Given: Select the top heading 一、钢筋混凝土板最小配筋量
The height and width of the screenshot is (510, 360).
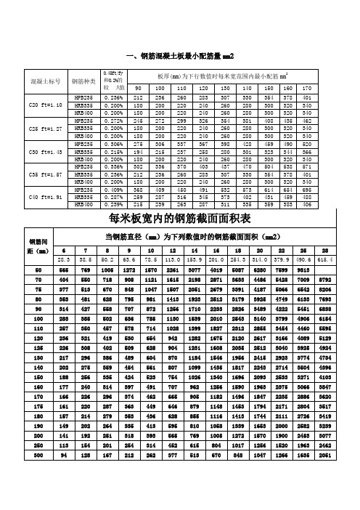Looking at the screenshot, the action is pyautogui.click(x=180, y=56).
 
